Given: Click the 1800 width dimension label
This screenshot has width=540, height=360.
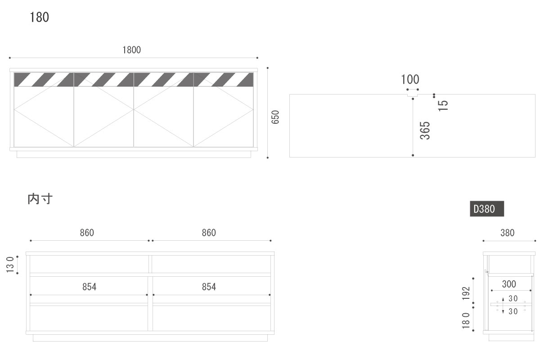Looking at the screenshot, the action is (131, 50).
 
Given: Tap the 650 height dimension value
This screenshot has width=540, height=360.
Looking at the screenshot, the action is (275, 117).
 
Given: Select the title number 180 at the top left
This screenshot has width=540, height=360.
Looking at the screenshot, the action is (39, 18).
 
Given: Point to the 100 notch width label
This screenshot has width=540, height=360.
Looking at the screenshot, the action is (410, 79).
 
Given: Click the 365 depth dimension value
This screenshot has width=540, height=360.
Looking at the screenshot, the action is (425, 130).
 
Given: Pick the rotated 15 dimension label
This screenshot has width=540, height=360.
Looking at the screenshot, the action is (443, 106).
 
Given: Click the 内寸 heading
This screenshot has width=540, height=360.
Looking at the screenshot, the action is (40, 199).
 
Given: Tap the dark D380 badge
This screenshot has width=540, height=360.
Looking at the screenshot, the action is (487, 209).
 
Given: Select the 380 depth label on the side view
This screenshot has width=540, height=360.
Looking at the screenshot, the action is (508, 233).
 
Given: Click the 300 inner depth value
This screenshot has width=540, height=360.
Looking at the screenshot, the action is (509, 284).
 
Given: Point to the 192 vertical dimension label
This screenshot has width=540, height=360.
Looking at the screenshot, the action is (466, 293).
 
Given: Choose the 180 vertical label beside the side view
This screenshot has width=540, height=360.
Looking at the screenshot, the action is (466, 320).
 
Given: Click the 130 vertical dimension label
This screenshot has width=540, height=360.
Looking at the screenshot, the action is (10, 265).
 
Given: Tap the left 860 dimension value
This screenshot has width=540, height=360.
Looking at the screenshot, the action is (87, 233).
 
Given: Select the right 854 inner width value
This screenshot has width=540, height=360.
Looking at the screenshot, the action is (209, 287).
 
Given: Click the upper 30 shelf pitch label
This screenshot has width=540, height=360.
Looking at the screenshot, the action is (513, 298).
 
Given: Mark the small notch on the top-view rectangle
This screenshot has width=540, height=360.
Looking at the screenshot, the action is (413, 95).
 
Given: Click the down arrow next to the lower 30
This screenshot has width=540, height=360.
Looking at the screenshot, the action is (503, 310).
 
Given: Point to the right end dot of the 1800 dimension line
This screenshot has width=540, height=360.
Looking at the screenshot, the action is (257, 58).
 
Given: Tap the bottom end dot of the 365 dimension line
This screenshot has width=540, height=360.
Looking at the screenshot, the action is (413, 155).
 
